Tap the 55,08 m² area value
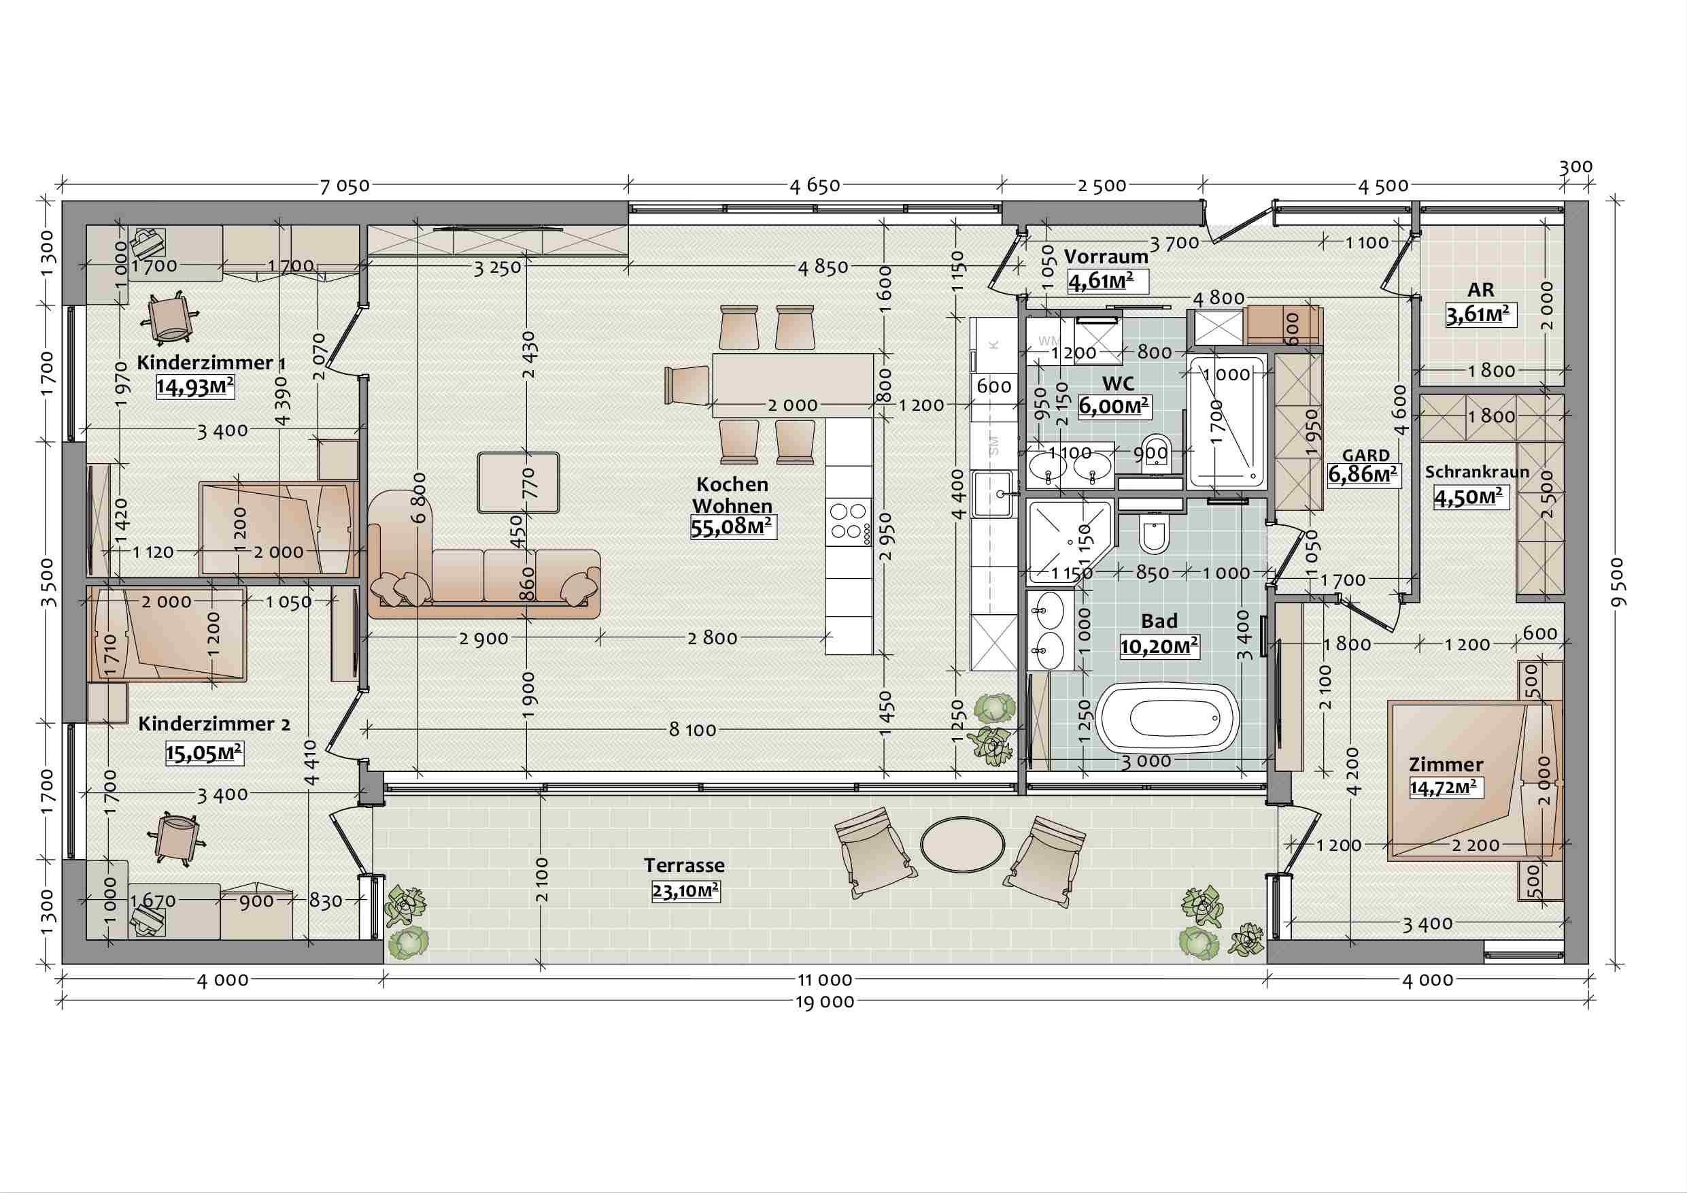pos(732,527)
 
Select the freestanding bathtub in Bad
pos(1167,720)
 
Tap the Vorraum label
pos(1106,256)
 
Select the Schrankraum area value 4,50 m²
pos(1469,498)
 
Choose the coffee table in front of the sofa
pos(519,482)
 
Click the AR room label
pos(1480,290)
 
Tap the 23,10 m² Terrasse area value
pos(685,892)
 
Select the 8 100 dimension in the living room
pos(692,730)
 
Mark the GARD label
pos(1366,456)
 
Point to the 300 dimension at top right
pos(1575,167)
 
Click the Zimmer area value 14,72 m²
pos(1443,788)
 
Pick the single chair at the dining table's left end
pos(687,384)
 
